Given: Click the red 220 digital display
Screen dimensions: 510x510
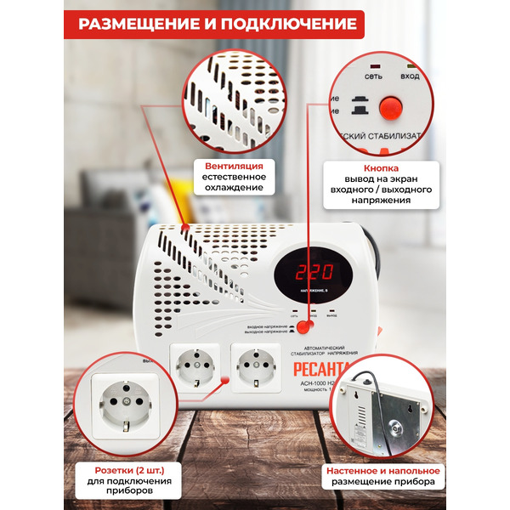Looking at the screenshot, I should [314, 273].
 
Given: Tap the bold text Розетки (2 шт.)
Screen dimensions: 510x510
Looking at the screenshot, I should [126, 469].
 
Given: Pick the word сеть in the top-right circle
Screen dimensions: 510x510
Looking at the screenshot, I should [373, 76].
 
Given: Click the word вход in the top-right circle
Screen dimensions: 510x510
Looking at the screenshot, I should [411, 76].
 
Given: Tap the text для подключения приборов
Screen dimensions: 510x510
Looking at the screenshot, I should [126, 487].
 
